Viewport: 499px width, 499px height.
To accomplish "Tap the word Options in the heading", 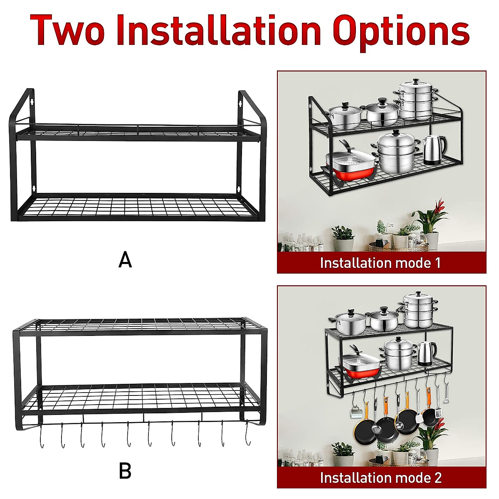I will (x=401, y=31).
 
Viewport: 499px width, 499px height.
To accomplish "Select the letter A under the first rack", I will (x=125, y=260).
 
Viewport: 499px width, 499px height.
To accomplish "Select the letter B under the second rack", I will (x=125, y=472).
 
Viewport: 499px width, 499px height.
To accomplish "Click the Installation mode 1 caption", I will (x=380, y=263).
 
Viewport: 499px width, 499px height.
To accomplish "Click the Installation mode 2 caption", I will (x=380, y=478).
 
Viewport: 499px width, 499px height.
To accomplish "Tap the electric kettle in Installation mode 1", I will (x=434, y=150).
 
